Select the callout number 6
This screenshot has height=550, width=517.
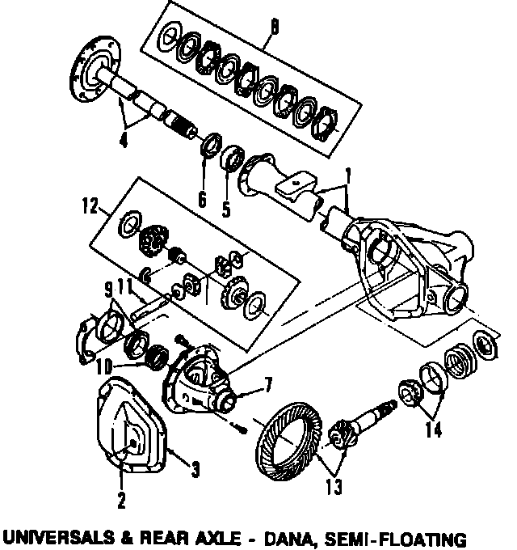pyautogui.click(x=203, y=197)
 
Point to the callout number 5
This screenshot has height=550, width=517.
pyautogui.click(x=227, y=208)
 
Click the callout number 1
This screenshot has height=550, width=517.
pyautogui.click(x=348, y=174)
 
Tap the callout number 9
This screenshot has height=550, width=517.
pyautogui.click(x=107, y=289)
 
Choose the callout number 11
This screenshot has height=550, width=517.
pyautogui.click(x=126, y=286)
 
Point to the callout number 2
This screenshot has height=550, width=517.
pyautogui.click(x=122, y=501)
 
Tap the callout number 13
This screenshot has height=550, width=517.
pyautogui.click(x=333, y=487)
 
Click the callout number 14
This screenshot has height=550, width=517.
pyautogui.click(x=435, y=430)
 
